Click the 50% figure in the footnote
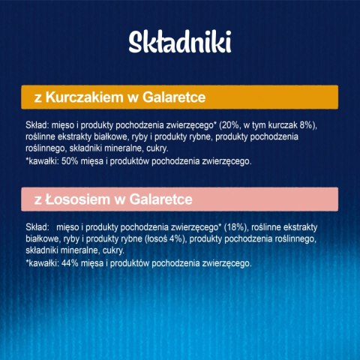coord(66,160)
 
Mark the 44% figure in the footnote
coord(66,262)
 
